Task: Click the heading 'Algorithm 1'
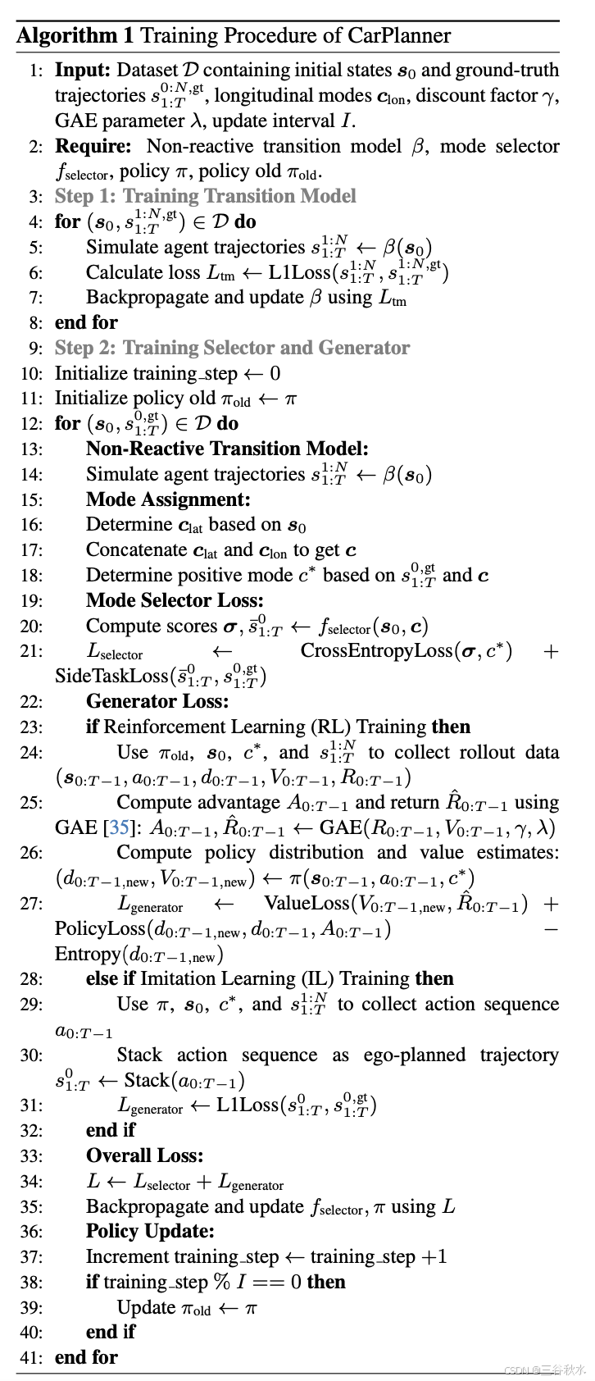(x=67, y=36)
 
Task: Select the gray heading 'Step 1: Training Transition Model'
(x=205, y=197)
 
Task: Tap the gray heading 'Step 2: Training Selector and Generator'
(x=232, y=348)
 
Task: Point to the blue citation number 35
(x=120, y=827)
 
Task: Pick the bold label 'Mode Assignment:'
(x=168, y=499)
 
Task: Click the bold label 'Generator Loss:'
(x=157, y=701)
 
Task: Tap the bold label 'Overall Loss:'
(x=144, y=1155)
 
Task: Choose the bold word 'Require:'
(x=93, y=147)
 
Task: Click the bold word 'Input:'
(x=82, y=71)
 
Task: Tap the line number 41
(x=31, y=1358)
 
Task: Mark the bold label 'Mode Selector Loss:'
(x=175, y=600)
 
